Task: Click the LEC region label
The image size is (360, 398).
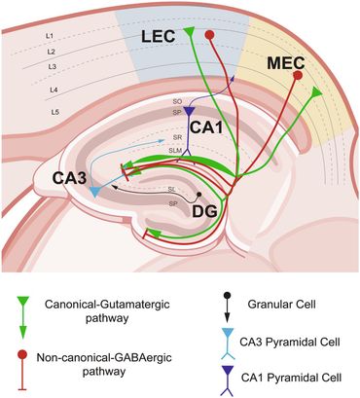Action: coord(160,36)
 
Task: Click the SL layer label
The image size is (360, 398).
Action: coord(171,189)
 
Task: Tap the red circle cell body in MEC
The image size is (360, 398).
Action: coord(298,75)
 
